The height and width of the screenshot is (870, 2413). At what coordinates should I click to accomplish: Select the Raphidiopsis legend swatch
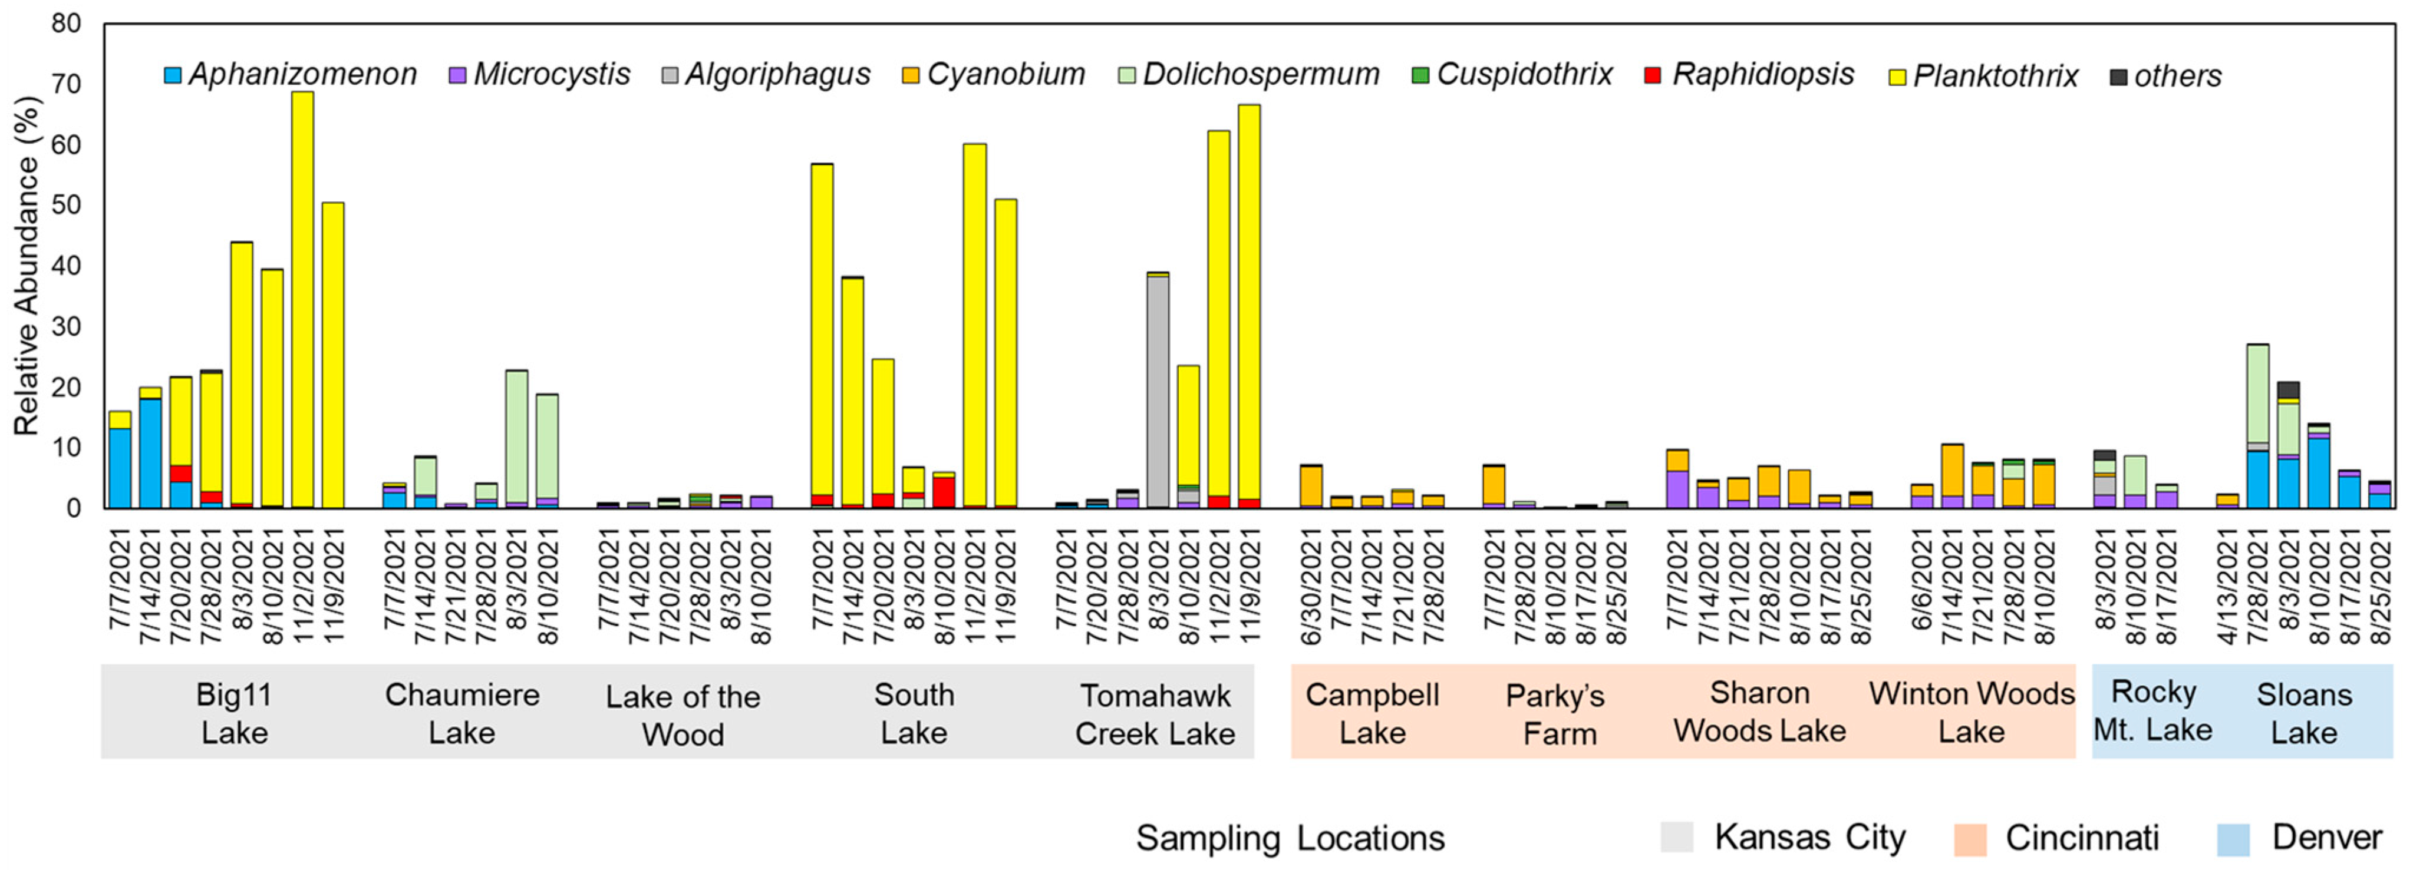(1653, 75)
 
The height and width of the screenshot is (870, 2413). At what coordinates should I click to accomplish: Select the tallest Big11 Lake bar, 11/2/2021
(302, 300)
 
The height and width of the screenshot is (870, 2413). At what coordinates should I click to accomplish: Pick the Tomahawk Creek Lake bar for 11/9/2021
(1249, 309)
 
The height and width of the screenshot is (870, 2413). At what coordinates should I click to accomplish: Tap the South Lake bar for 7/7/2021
(822, 337)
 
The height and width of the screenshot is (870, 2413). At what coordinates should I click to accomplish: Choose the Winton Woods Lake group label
(1971, 712)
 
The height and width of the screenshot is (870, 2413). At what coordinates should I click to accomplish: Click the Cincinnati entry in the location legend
(2081, 837)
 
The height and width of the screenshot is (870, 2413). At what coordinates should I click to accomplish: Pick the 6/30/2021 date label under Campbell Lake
(1310, 587)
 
